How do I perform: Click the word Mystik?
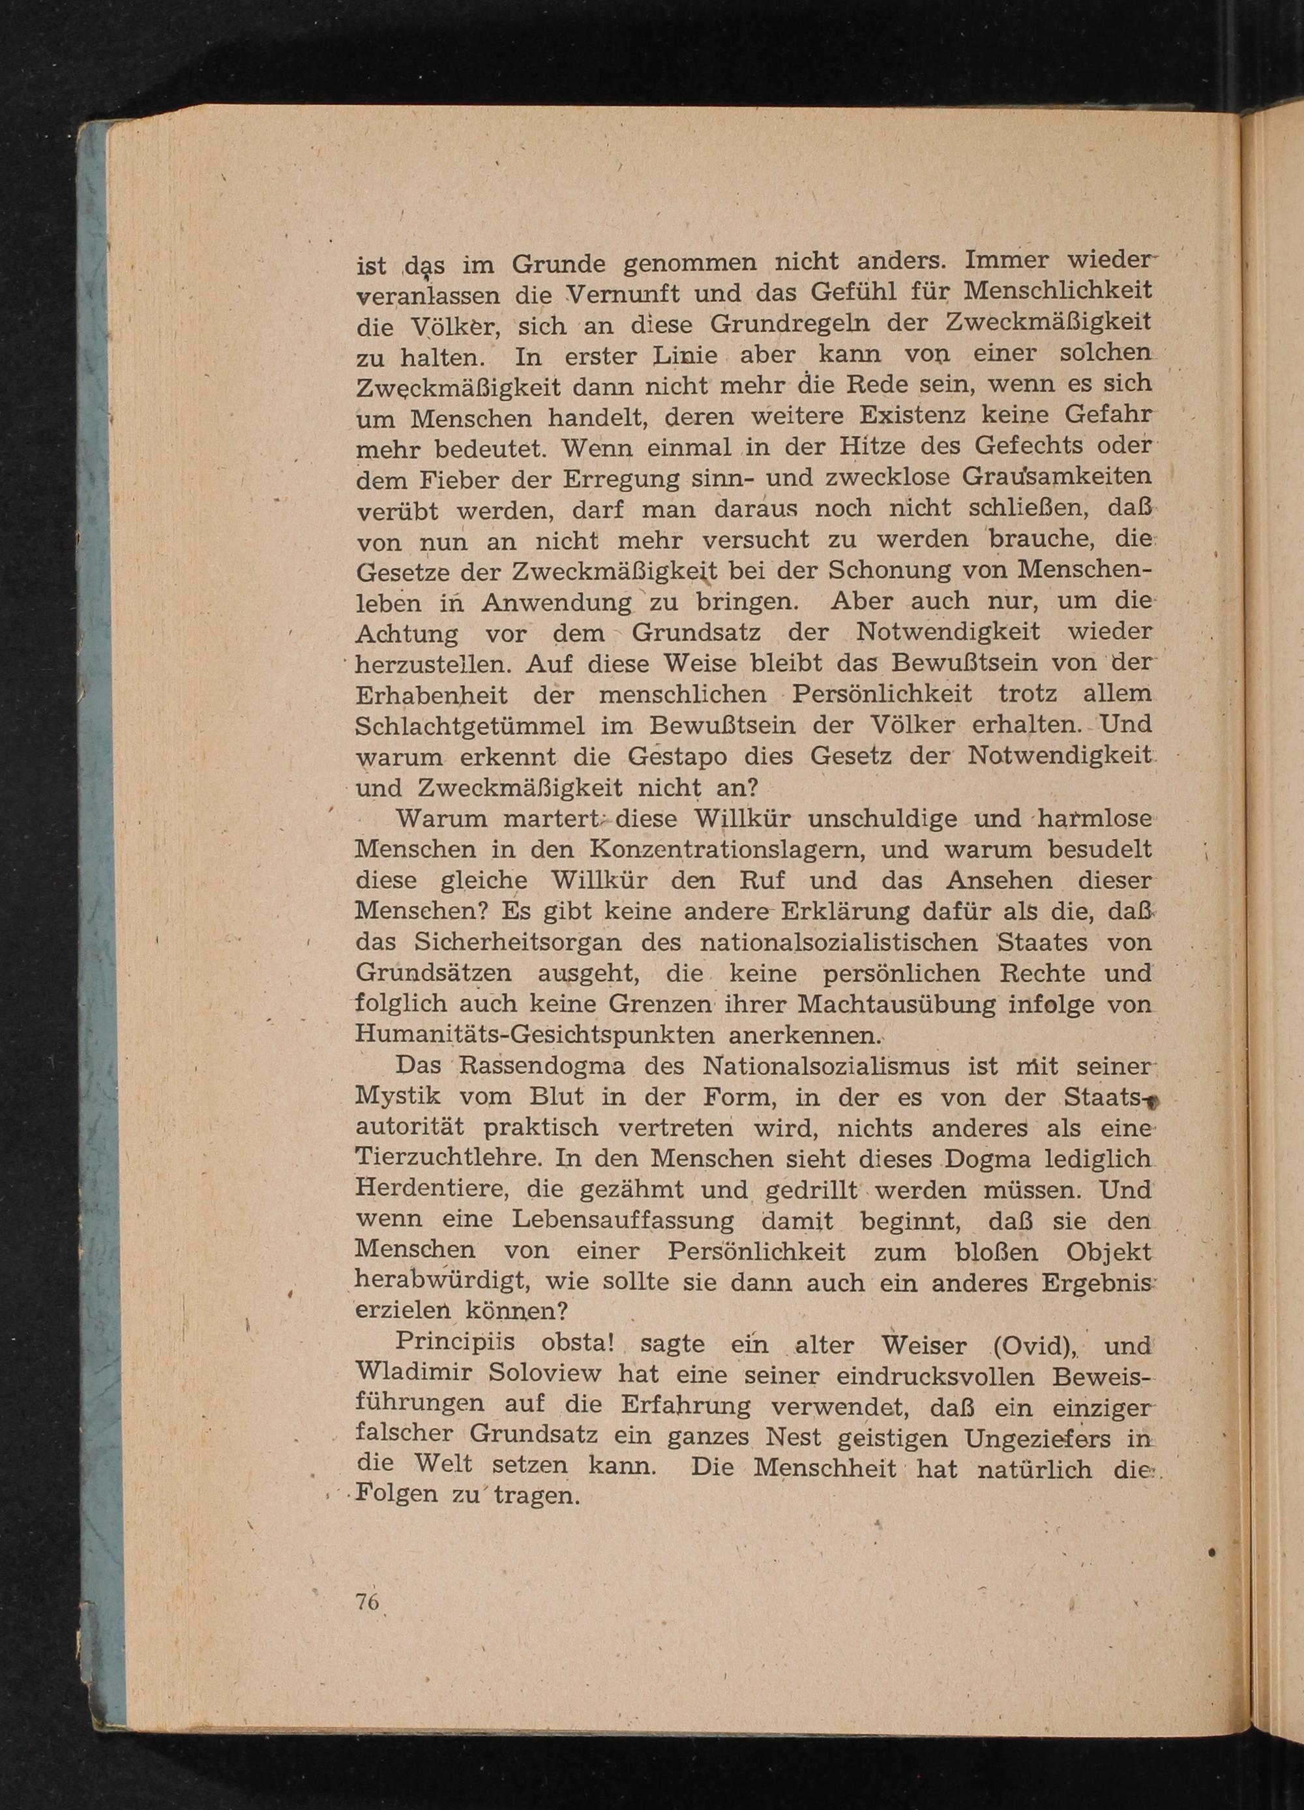pos(393,1097)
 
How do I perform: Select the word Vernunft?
pos(634,295)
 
